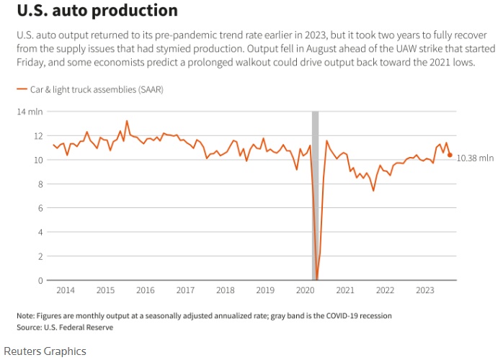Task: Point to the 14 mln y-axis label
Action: [30, 112]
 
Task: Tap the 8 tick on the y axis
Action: [37, 184]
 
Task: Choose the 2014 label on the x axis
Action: [65, 290]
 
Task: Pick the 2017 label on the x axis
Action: [185, 290]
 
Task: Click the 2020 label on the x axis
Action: [306, 290]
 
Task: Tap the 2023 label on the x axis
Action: [426, 290]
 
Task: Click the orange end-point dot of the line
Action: [450, 155]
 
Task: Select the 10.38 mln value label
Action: [476, 158]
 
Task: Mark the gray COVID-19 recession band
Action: [315, 194]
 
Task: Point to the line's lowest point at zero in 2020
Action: [316, 279]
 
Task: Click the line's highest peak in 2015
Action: [127, 121]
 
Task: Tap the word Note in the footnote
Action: [25, 316]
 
